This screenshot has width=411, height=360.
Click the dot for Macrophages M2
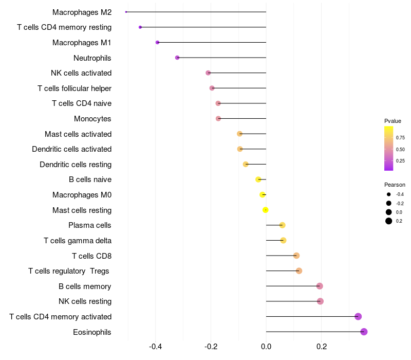[126, 12]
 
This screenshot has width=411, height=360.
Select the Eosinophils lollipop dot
[364, 332]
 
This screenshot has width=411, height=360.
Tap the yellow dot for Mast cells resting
[266, 210]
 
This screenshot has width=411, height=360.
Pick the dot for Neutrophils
[177, 58]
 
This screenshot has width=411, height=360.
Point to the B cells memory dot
[320, 286]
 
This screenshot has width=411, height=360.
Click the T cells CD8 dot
[296, 256]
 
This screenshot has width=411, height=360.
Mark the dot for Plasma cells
[282, 225]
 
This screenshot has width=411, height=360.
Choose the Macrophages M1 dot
[157, 42]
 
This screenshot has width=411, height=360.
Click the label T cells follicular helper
[74, 88]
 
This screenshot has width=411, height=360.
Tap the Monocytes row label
[92, 119]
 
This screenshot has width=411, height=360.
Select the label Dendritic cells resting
[76, 165]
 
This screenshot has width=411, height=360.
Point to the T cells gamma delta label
[78, 241]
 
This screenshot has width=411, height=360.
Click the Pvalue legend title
[393, 121]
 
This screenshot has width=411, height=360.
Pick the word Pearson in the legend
[395, 185]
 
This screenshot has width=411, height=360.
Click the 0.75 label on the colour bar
[400, 138]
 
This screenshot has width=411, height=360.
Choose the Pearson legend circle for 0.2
[389, 221]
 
